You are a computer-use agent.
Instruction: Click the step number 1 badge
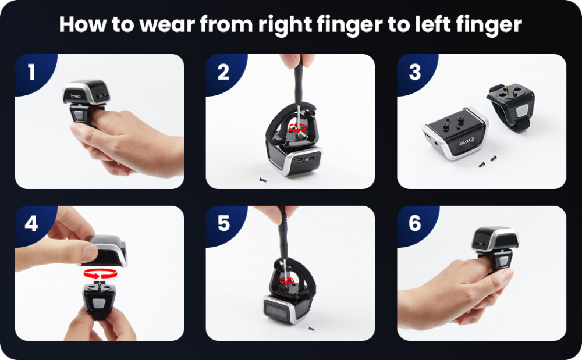pos(31,72)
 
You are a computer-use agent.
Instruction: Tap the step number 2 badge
pos(223,72)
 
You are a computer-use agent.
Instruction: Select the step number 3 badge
pos(414,72)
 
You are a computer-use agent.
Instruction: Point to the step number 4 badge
pos(31,224)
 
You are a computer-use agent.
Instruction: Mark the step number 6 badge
pos(414,224)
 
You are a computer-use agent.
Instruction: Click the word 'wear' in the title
pos(158,25)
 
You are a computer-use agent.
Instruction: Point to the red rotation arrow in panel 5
pos(286,280)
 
